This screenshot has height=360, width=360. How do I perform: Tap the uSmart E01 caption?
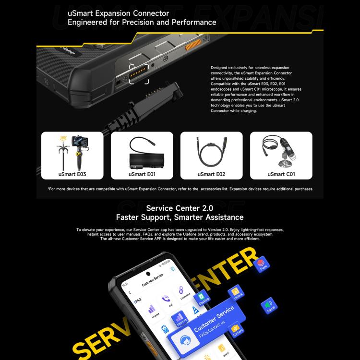(142, 174)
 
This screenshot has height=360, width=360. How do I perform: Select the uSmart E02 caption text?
(212, 174)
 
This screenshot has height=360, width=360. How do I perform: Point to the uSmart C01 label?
(281, 174)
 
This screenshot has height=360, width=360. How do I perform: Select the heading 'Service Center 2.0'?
(180, 208)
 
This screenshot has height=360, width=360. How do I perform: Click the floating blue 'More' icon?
(262, 264)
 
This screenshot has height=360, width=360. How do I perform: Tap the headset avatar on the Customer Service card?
(184, 341)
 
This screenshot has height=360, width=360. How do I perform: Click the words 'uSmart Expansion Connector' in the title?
(118, 13)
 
